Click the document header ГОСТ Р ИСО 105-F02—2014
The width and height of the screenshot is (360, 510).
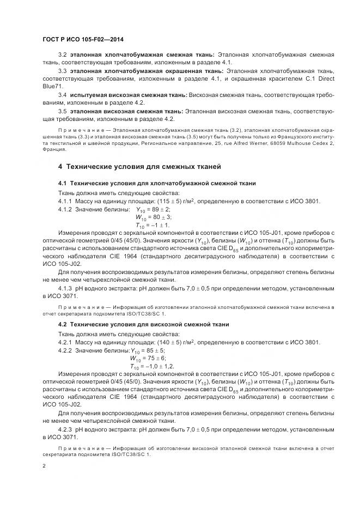click(82, 40)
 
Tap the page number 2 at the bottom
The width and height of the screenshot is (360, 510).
click(44, 466)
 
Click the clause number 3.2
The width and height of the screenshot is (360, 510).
click(62, 54)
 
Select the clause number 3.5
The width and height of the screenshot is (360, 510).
click(62, 111)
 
